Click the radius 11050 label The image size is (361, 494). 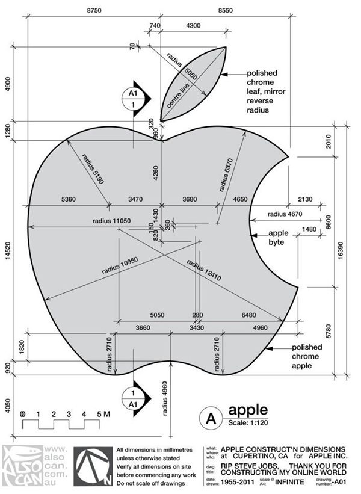[111, 221]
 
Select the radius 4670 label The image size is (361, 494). [285, 214]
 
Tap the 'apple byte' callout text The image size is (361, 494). [279, 238]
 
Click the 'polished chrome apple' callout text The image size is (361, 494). [310, 356]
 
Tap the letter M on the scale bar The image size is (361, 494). [107, 415]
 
